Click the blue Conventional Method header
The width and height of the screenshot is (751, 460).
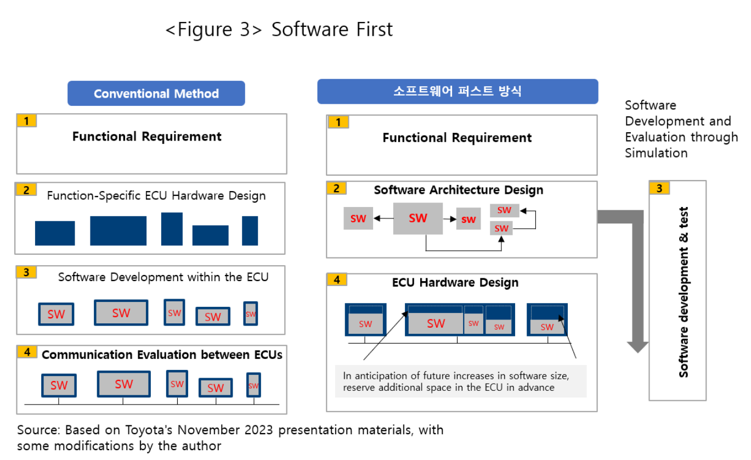[156, 94]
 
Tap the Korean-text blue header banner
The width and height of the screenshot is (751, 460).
[457, 92]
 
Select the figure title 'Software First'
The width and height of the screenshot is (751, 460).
[332, 29]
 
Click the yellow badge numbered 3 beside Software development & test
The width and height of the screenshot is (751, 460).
[659, 188]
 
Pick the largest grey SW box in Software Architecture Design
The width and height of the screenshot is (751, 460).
[417, 218]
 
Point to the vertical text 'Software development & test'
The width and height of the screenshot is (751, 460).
[684, 291]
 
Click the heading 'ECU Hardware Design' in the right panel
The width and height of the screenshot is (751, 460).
[455, 283]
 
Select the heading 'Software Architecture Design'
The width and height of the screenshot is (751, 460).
[458, 190]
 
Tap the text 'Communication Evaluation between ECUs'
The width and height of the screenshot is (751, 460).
[162, 355]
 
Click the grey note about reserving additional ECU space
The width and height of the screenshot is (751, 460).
[460, 382]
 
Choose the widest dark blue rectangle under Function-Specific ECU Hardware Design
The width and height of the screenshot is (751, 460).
[118, 231]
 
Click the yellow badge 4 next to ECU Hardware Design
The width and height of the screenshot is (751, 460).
[337, 279]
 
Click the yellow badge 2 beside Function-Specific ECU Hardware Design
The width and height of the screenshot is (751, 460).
[26, 190]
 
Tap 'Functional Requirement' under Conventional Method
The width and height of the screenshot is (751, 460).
[146, 137]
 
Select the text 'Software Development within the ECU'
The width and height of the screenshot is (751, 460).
[163, 277]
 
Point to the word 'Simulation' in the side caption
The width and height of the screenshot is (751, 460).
[656, 153]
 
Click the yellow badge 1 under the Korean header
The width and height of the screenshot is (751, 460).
[338, 122]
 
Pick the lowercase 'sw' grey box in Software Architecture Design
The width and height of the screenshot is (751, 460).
[468, 219]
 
